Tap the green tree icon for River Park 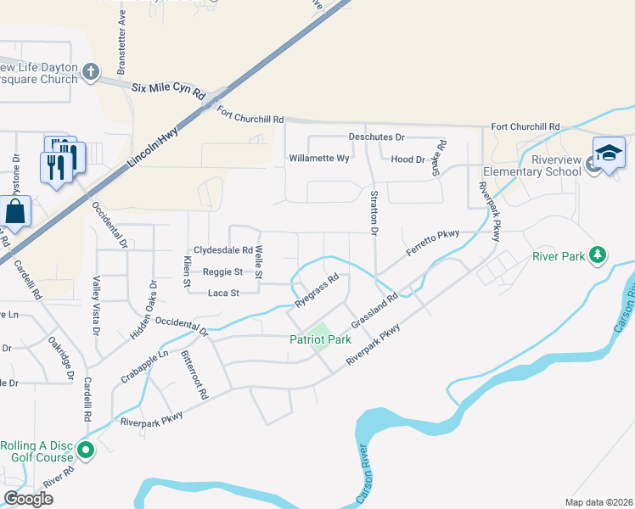point(598,255)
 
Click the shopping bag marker point(15,212)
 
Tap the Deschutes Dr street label point(378,137)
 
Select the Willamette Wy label point(319,159)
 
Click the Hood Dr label point(407,159)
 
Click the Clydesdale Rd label point(223,250)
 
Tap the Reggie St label point(222,272)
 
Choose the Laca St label point(225,294)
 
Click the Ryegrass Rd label point(317,289)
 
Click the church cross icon point(93,73)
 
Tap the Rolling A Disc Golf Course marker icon point(86,449)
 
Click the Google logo point(28,499)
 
